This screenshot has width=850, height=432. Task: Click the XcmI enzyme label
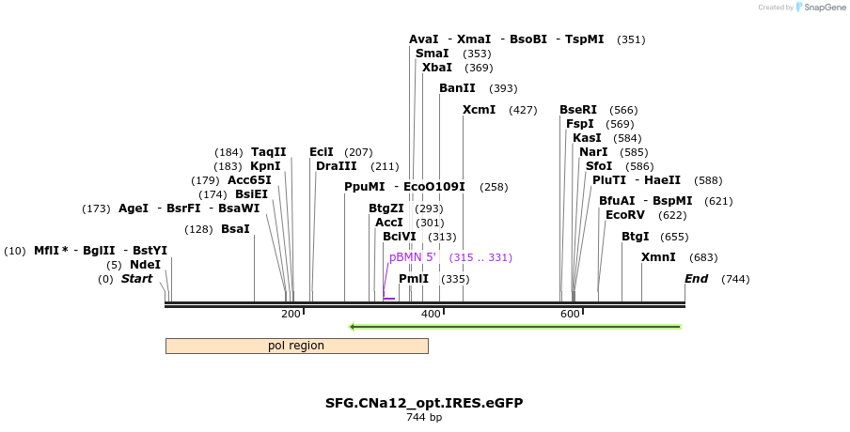[479, 110]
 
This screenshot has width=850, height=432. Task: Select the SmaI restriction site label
[432, 54]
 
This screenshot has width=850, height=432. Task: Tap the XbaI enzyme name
[436, 68]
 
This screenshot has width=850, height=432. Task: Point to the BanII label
[457, 88]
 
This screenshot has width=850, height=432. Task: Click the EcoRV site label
[624, 215]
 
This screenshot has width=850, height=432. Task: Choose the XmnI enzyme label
[658, 257]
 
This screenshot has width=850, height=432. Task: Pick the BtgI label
[635, 237]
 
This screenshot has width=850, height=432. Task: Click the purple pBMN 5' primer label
[413, 257]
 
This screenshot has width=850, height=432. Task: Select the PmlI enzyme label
[414, 279]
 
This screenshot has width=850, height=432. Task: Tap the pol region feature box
[296, 346]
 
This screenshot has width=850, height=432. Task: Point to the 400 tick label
[431, 314]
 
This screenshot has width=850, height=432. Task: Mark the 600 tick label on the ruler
[570, 314]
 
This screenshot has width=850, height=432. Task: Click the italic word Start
[136, 279]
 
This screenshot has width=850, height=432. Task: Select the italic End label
[696, 279]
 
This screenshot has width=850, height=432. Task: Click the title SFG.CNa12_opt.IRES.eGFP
[424, 403]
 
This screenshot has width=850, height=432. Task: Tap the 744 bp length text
[424, 417]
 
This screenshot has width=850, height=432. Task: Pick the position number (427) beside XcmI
[523, 110]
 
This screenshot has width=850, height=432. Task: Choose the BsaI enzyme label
[235, 229]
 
